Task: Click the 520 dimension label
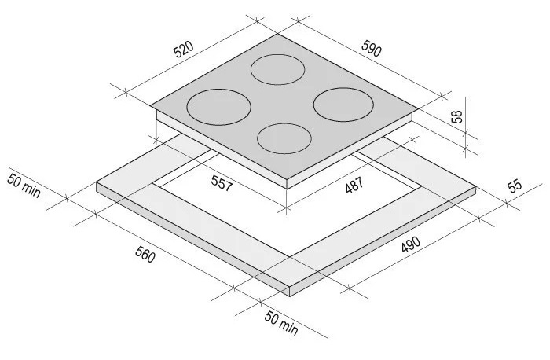[183, 49]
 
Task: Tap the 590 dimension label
[372, 49]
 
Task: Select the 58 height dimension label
[457, 116]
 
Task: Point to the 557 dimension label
[222, 183]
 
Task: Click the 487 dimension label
[354, 186]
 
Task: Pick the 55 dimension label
[515, 186]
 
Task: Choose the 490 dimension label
[411, 244]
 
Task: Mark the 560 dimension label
[145, 255]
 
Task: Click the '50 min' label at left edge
[24, 186]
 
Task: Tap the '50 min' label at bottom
[281, 323]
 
